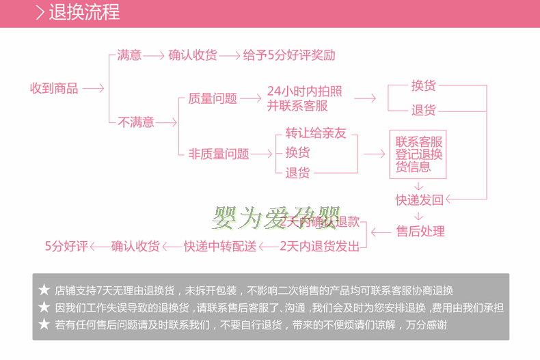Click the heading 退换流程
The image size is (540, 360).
click(84, 13)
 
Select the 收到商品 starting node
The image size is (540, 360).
click(54, 88)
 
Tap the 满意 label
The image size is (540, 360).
click(129, 55)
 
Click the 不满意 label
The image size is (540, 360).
click(135, 122)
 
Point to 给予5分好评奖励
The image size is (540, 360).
click(289, 55)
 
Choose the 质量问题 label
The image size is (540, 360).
click(213, 98)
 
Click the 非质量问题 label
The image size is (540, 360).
click(219, 154)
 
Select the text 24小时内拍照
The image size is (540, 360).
click(305, 92)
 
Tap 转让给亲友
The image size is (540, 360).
click(316, 133)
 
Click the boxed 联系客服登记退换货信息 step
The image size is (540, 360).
click(418, 154)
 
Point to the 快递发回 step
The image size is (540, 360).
click(419, 199)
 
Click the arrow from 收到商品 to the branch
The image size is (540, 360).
click(93, 88)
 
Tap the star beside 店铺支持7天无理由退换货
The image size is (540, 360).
click(44, 290)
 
